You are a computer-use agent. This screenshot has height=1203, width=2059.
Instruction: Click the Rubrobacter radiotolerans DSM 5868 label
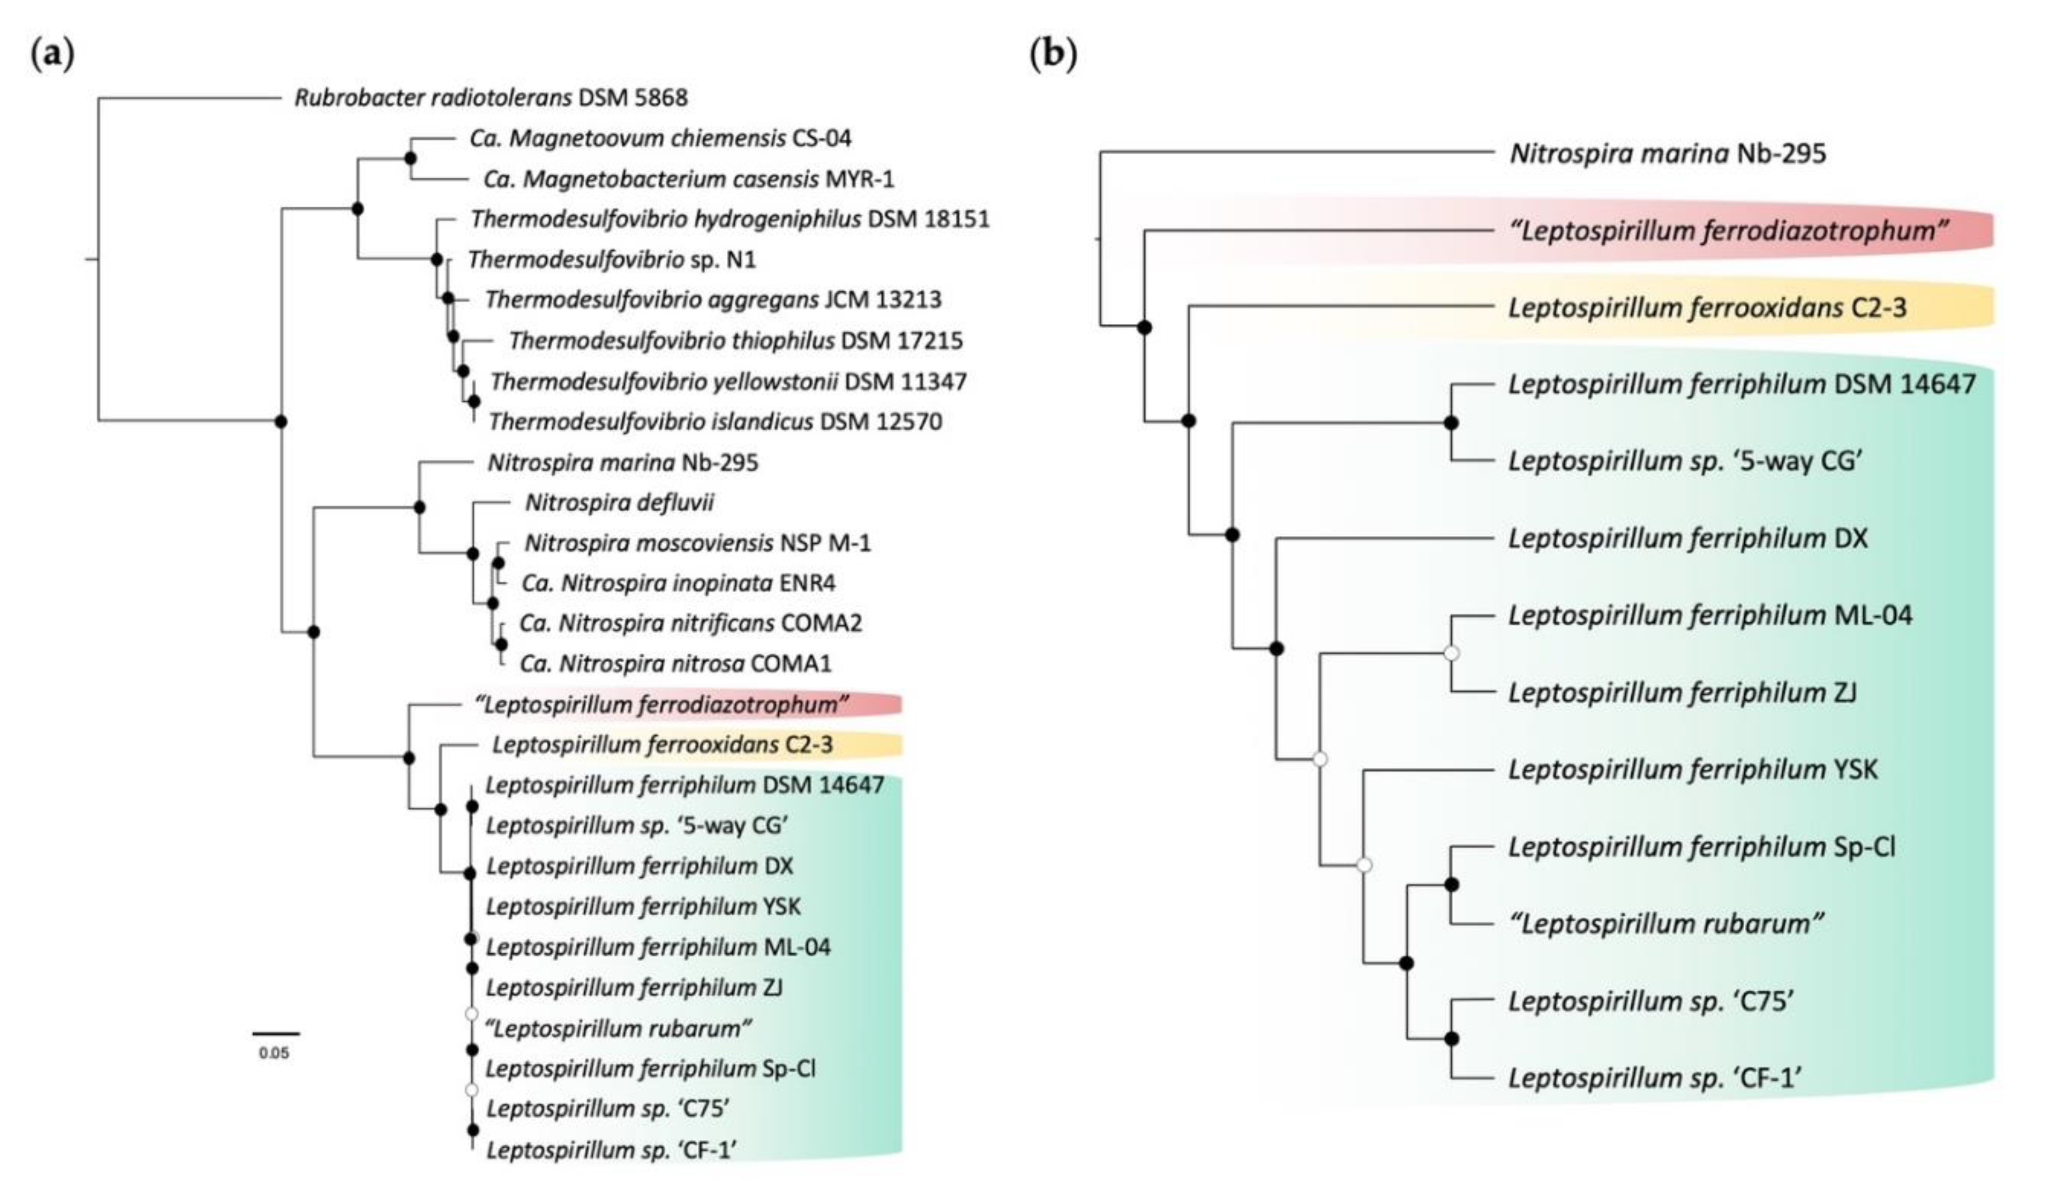[490, 98]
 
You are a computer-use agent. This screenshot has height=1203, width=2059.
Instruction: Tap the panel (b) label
[1052, 55]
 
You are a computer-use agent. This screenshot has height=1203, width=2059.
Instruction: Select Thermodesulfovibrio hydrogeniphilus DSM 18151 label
[730, 219]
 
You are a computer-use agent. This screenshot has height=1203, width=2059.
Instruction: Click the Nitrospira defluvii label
[618, 502]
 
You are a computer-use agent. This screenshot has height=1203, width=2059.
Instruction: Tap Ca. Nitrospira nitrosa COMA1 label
[675, 663]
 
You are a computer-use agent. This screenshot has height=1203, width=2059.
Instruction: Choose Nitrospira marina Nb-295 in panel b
[1667, 154]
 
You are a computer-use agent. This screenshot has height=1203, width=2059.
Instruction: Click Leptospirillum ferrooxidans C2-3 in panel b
[1707, 308]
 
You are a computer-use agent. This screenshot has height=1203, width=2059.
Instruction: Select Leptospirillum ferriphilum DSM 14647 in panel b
[1741, 384]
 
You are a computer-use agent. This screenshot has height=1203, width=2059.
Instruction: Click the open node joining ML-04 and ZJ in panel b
[1451, 653]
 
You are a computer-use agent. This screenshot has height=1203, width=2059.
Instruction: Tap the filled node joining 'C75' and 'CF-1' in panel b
[1451, 1039]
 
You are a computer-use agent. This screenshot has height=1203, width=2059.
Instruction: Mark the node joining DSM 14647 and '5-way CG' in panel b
[1451, 423]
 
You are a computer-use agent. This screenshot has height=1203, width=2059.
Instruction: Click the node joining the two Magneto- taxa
[410, 158]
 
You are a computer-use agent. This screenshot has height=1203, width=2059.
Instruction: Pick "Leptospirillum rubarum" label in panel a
[618, 1028]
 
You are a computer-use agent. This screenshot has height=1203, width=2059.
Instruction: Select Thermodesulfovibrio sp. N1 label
[612, 260]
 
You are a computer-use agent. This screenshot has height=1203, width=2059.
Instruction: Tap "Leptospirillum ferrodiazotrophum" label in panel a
[662, 704]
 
